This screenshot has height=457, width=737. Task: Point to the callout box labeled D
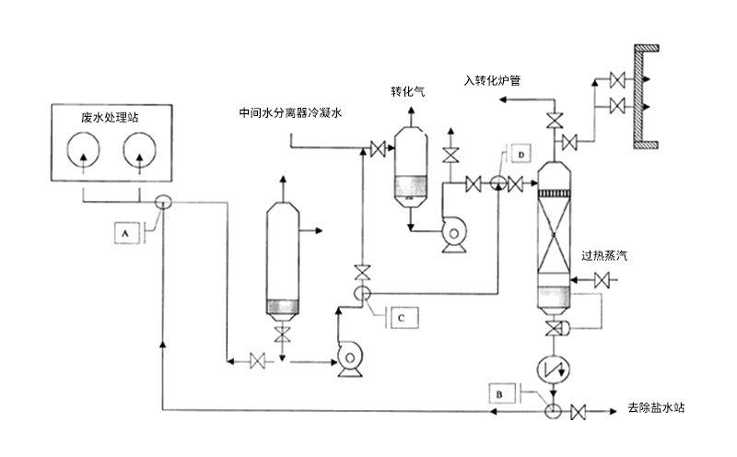(520, 153)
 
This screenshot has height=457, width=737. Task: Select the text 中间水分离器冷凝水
(290, 113)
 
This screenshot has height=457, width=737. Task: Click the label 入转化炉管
(493, 81)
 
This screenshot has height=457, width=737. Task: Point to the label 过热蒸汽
(603, 255)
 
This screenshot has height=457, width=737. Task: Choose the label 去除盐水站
(658, 407)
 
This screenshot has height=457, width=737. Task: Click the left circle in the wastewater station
(85, 152)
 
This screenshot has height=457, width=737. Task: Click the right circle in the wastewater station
(138, 152)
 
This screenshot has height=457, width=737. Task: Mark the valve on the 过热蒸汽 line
(603, 279)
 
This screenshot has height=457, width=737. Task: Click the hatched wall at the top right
(649, 97)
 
